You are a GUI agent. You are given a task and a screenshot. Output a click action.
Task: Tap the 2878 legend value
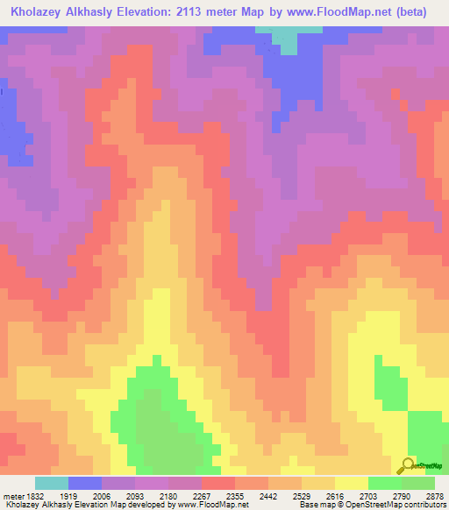[x=435, y=496]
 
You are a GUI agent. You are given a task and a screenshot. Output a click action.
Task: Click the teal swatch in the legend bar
[x=51, y=483]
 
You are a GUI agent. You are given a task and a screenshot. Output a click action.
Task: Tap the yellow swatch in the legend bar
[x=351, y=483]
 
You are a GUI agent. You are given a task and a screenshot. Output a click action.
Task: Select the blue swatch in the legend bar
[x=84, y=483]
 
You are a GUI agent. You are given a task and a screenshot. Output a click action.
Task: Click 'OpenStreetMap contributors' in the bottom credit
[x=404, y=505]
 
